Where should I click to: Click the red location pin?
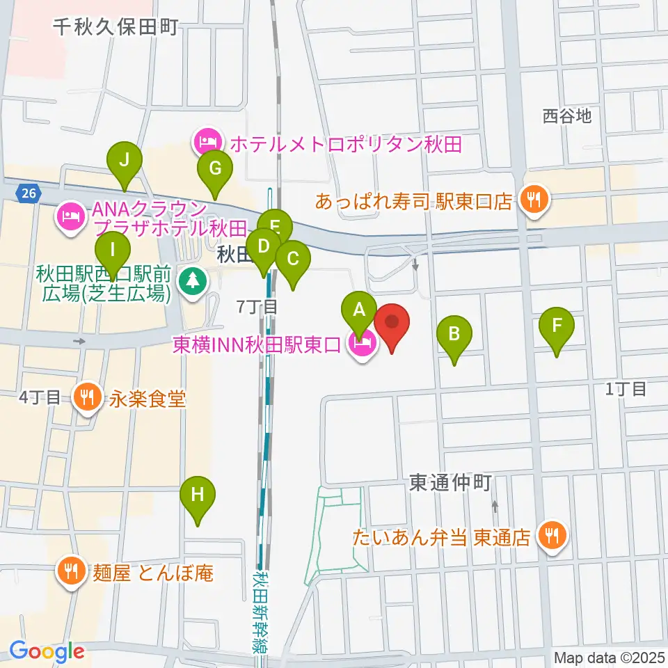pyautogui.click(x=392, y=326)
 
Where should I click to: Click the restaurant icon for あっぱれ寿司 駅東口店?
pyautogui.click(x=534, y=202)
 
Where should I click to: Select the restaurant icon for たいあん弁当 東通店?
pyautogui.click(x=552, y=536)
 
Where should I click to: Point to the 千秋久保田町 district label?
pyautogui.click(x=116, y=27)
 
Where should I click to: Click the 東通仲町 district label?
pyautogui.click(x=450, y=483)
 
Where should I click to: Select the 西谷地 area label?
pyautogui.click(x=567, y=116)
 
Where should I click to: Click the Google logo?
pyautogui.click(x=47, y=651)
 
